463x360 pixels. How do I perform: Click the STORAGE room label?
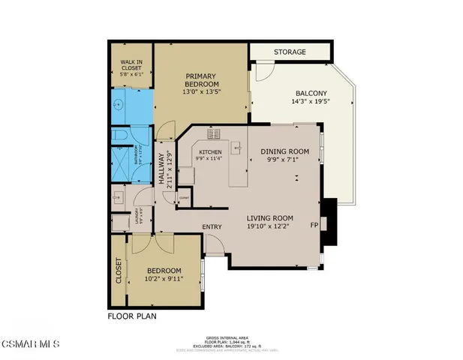click(x=289, y=52)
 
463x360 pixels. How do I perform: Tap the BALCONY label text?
click(x=311, y=92)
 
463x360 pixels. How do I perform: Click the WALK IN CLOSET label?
click(x=131, y=64)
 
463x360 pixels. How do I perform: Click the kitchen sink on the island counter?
click(x=236, y=148)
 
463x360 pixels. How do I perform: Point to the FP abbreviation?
click(x=314, y=225)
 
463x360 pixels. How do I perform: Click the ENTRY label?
click(x=211, y=226)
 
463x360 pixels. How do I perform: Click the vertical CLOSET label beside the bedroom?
click(x=118, y=271)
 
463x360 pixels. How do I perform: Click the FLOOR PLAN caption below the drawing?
click(x=132, y=316)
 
